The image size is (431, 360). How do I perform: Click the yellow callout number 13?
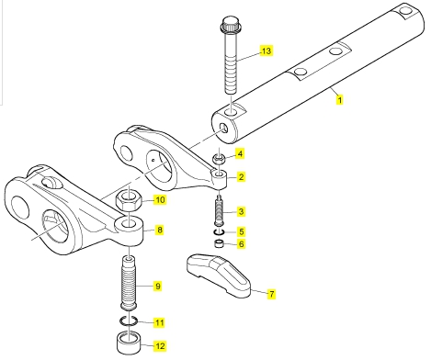[267, 51]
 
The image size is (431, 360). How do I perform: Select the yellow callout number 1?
[339, 100]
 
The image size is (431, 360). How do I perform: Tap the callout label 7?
[272, 294]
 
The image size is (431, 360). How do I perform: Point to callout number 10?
[160, 200]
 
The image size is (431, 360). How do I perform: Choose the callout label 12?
[160, 346]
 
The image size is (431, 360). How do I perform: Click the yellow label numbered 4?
[241, 153]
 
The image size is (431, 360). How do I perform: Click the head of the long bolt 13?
[230, 24]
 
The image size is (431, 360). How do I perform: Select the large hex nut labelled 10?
[129, 200]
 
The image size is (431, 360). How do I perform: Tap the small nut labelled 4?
[220, 159]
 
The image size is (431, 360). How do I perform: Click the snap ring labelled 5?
[220, 232]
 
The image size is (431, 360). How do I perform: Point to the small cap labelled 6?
[219, 244]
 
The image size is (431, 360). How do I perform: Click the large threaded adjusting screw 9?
[129, 283]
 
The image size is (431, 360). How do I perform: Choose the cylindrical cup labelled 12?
[129, 343]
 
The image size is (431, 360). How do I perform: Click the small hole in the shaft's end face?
[224, 129]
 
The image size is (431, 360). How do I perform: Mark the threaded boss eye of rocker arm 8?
[130, 231]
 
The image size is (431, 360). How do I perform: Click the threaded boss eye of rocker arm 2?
[220, 178]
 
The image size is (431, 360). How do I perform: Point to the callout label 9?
[157, 287]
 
